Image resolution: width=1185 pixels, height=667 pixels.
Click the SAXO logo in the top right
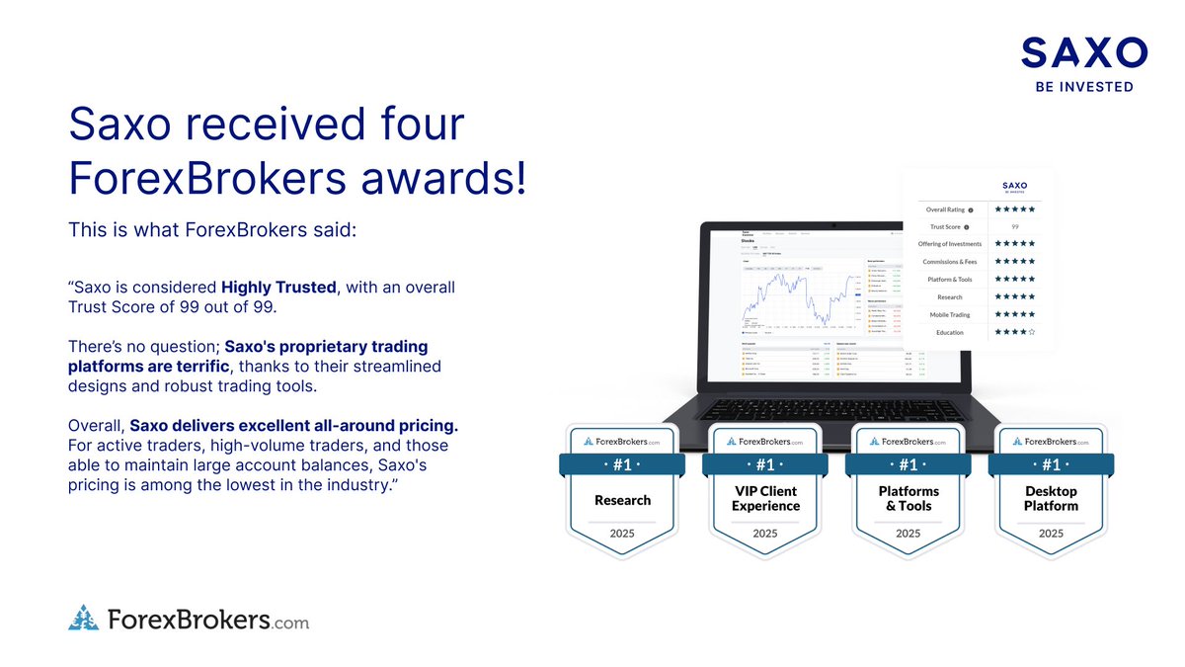(1083, 52)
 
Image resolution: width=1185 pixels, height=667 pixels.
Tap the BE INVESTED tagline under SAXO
(1083, 87)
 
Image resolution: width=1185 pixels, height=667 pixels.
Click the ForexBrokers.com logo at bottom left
(189, 620)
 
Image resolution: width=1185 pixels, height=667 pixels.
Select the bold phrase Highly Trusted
(278, 287)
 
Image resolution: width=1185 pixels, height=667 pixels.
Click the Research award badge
(622, 490)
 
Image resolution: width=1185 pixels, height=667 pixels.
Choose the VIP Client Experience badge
(765, 490)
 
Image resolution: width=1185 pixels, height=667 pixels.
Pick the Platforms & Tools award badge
(908, 490)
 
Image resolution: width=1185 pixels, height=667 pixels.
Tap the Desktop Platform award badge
(1051, 490)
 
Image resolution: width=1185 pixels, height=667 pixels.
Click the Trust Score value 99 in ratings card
(1014, 226)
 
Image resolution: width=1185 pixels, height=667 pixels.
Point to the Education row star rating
(1014, 332)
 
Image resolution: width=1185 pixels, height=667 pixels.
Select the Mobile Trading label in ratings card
(948, 314)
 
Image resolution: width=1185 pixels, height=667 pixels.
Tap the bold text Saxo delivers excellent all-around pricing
(294, 425)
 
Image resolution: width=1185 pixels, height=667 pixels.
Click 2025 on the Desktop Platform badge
(1051, 533)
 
